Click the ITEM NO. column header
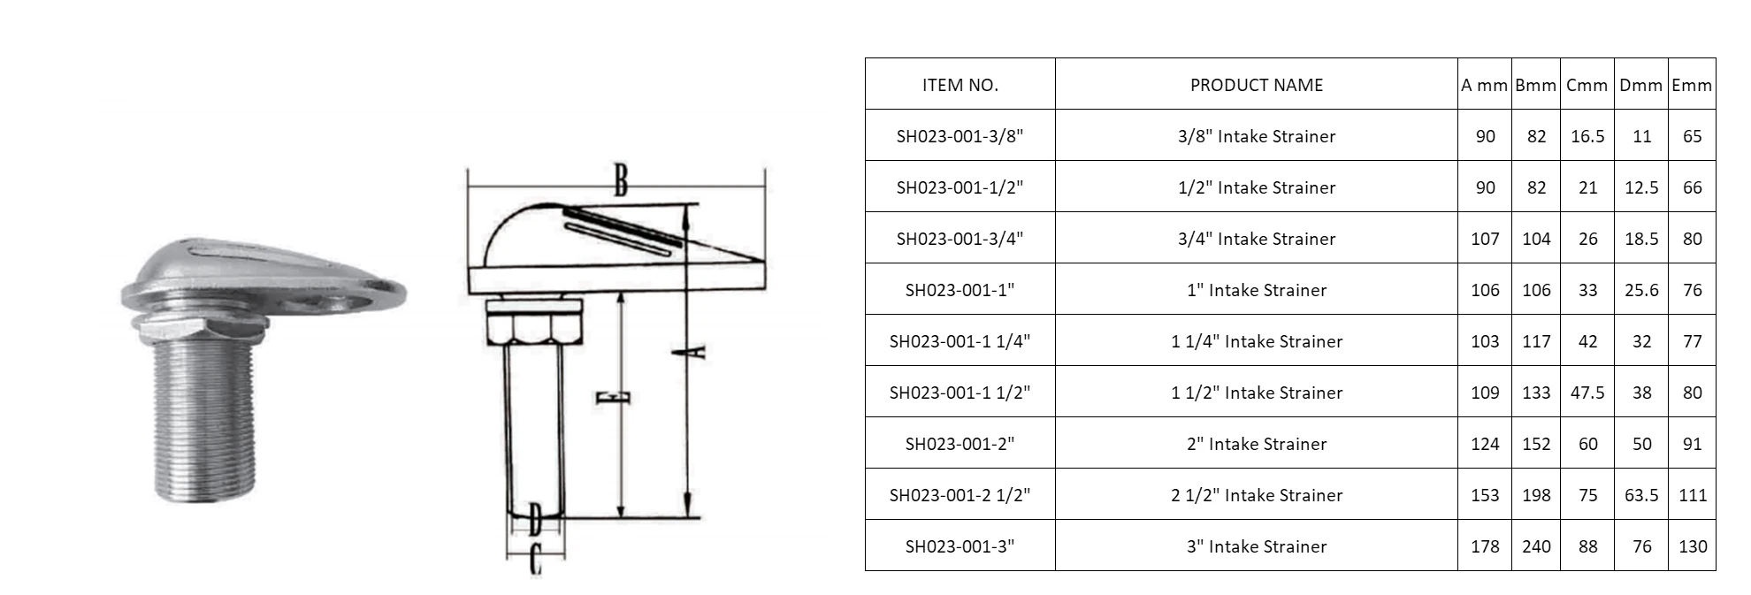pos(960,85)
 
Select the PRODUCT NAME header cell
pos(1256,85)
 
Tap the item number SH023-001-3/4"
pos(960,239)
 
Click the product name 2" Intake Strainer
pos(1256,444)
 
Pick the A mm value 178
pos(1485,546)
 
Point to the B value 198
pos(1536,495)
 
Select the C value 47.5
pos(1587,393)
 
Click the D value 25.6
pos(1641,290)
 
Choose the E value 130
pos(1692,546)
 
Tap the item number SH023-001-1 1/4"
pos(960,341)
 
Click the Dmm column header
pos(1641,85)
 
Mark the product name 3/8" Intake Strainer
pos(1256,136)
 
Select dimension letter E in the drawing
pos(612,398)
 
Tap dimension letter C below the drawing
pos(535,561)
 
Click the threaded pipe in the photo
pos(205,424)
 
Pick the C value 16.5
pos(1587,136)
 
